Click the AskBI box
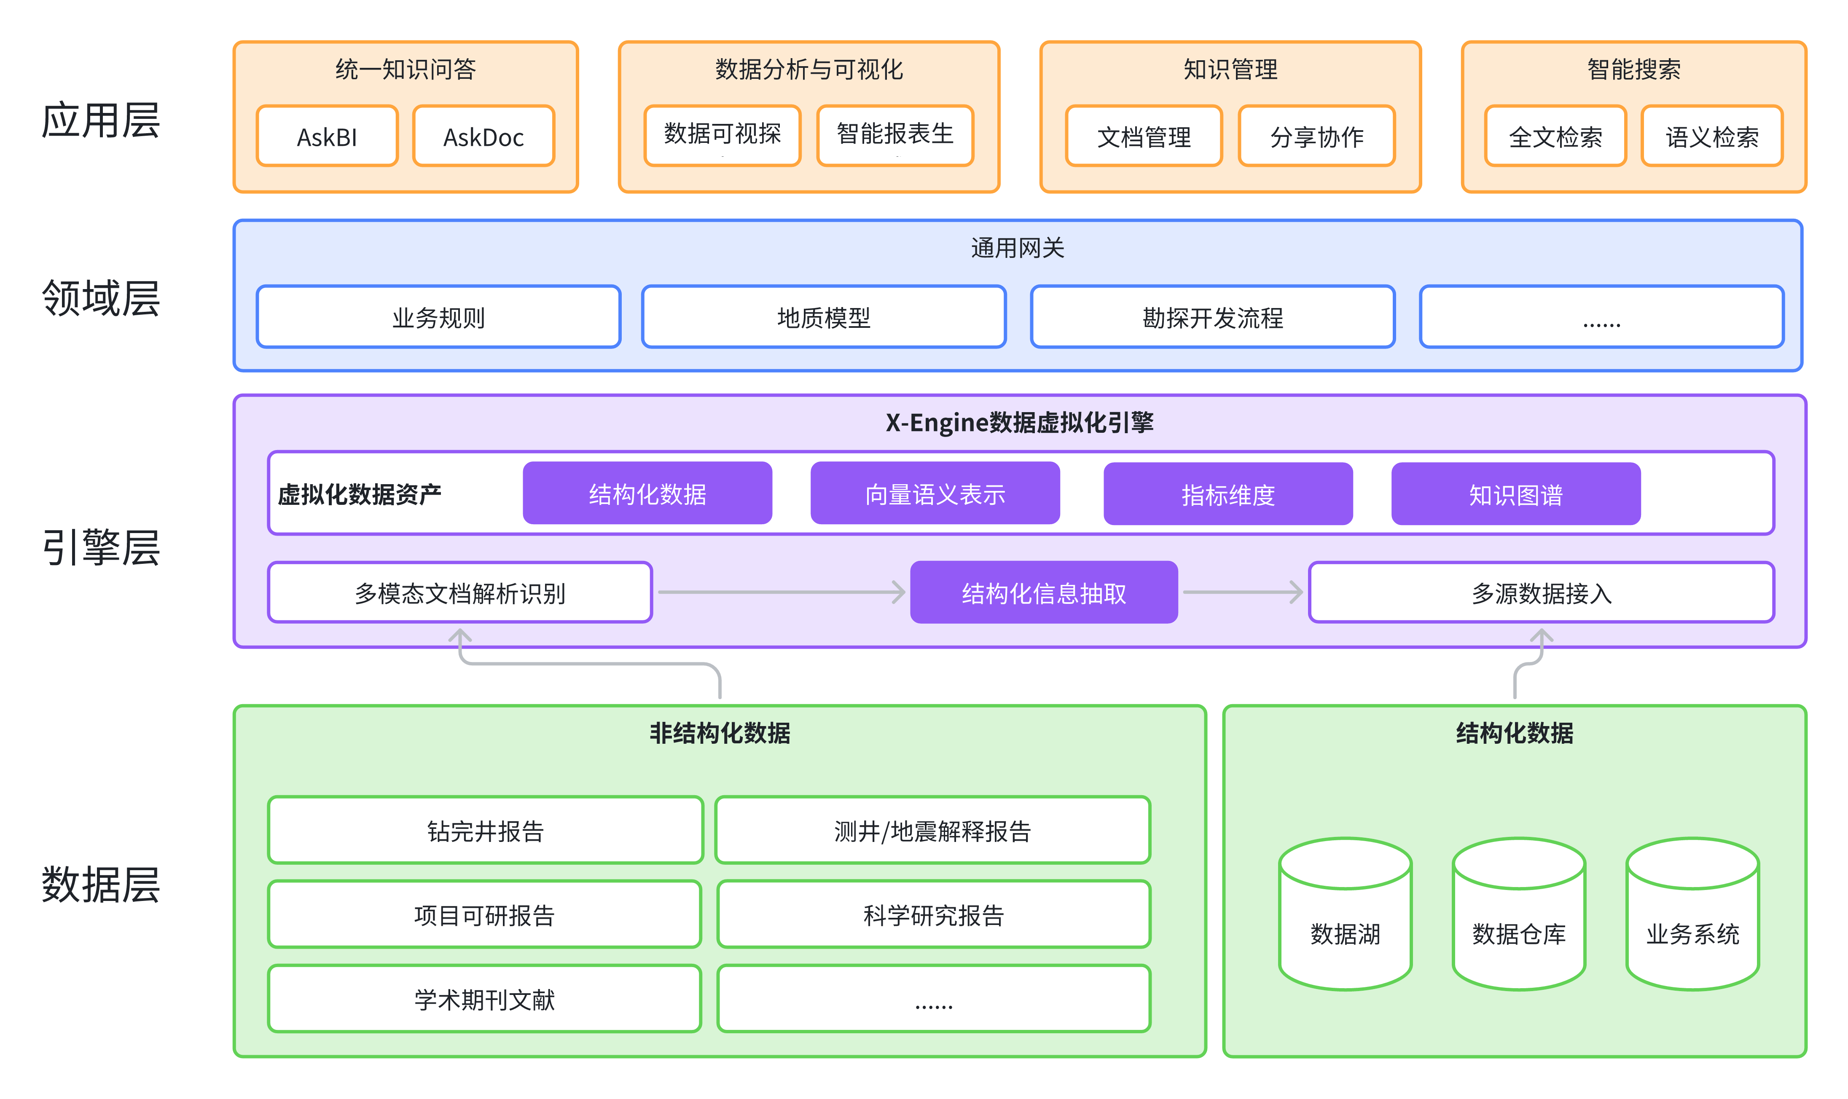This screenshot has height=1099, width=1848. click(x=327, y=136)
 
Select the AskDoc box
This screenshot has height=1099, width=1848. click(x=483, y=136)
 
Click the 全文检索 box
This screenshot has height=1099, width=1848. click(x=1555, y=136)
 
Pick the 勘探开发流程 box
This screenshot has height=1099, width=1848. click(x=1212, y=317)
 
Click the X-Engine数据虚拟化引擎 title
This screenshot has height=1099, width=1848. click(x=1019, y=422)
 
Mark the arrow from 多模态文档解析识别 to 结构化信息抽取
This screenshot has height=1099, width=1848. click(x=781, y=592)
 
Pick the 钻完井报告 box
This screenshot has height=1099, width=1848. click(x=485, y=830)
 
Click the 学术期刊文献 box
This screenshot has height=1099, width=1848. click(x=484, y=998)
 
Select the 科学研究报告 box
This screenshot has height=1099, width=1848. click(x=933, y=914)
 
